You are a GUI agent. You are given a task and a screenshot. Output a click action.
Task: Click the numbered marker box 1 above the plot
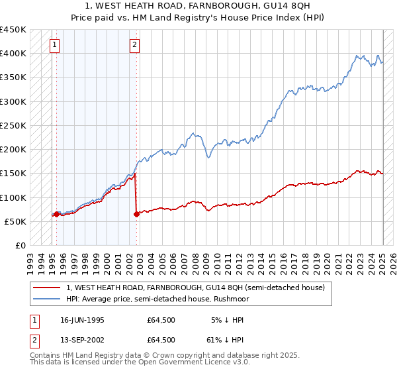53,45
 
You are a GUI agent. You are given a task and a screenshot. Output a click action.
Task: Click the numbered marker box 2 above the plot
134,45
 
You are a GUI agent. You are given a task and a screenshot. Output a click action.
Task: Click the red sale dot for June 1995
56,214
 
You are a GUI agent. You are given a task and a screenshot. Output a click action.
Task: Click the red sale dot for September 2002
136,214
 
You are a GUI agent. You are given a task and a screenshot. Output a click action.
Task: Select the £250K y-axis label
13,125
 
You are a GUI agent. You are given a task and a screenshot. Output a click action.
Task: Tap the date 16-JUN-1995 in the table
81,320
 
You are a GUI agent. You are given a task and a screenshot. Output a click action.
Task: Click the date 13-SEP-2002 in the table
81,339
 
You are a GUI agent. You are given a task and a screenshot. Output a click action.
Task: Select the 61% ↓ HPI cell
225,339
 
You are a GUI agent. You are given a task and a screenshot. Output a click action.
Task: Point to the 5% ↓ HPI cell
227,320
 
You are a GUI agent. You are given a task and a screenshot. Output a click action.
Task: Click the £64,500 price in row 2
161,339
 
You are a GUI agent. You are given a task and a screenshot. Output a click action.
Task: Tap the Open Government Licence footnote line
140,362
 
